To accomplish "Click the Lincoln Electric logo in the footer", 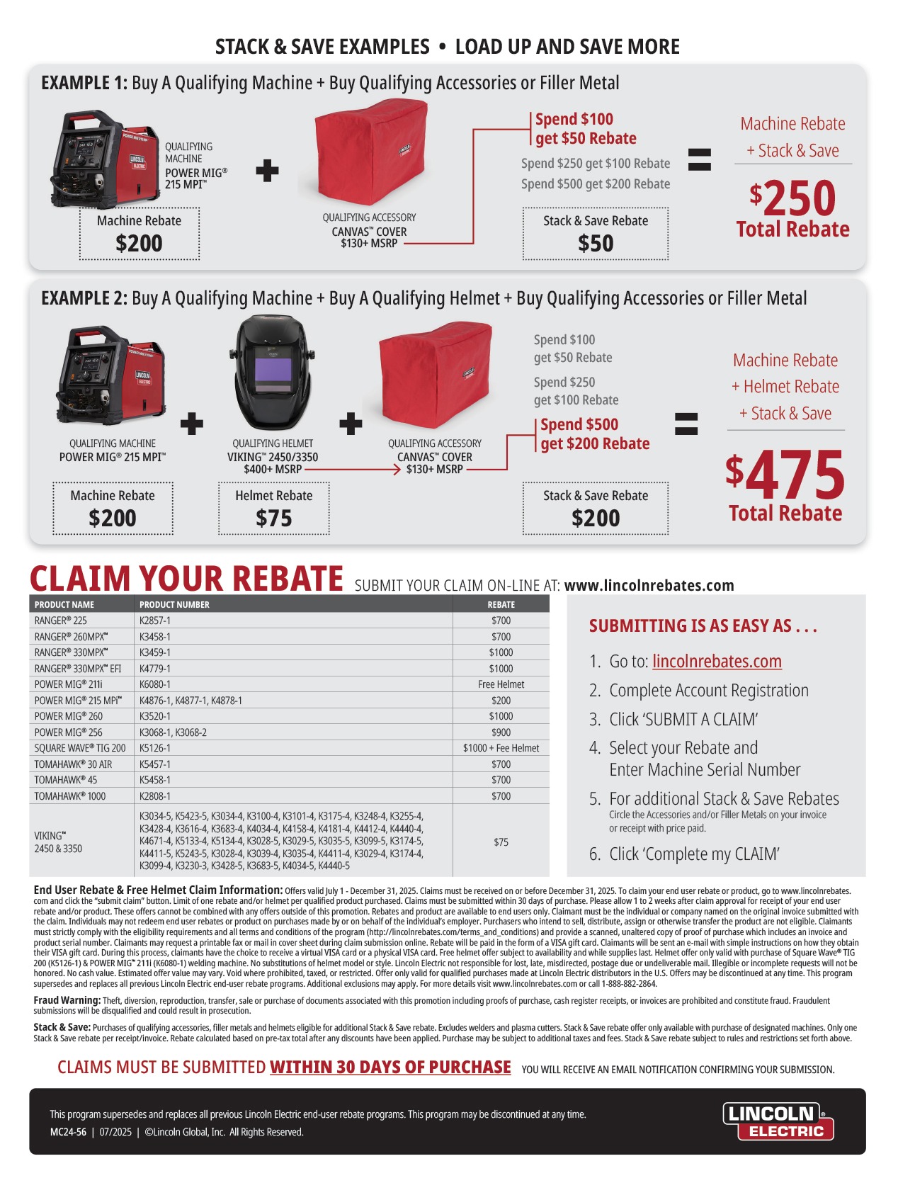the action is (x=778, y=1121).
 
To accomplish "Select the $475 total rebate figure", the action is (x=785, y=474).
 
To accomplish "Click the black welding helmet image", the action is (x=273, y=373).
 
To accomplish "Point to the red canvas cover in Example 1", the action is (x=370, y=152).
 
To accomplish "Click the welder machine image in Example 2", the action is (x=111, y=375).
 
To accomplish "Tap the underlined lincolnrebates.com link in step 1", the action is (x=716, y=661).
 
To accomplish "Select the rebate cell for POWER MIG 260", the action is (x=501, y=716).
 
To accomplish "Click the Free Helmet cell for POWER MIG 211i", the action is (x=501, y=684).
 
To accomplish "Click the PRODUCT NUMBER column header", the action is (x=174, y=604).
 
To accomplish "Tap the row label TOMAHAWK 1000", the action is (x=69, y=796).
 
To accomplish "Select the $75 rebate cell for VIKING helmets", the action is (x=501, y=842).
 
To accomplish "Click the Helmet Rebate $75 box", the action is (x=273, y=508).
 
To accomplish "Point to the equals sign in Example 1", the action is (x=699, y=159).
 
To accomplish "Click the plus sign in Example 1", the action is (x=266, y=171).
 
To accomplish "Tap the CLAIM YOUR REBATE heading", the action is (x=186, y=578).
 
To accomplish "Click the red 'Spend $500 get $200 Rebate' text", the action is (x=594, y=434).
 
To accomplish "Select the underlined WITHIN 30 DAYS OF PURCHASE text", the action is (x=390, y=1067).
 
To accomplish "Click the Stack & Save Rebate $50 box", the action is (x=595, y=234).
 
